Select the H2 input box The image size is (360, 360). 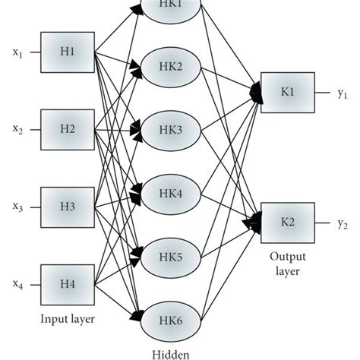click(66, 128)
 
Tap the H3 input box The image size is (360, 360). click(66, 206)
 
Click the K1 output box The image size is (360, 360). click(287, 91)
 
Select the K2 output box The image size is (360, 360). click(287, 222)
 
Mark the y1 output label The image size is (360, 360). click(343, 92)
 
